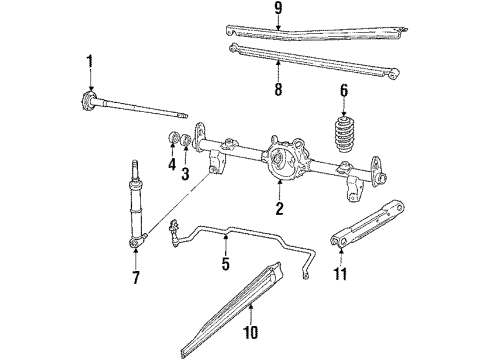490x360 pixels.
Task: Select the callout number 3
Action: (x=185, y=174)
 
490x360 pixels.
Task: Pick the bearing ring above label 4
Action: (x=172, y=137)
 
